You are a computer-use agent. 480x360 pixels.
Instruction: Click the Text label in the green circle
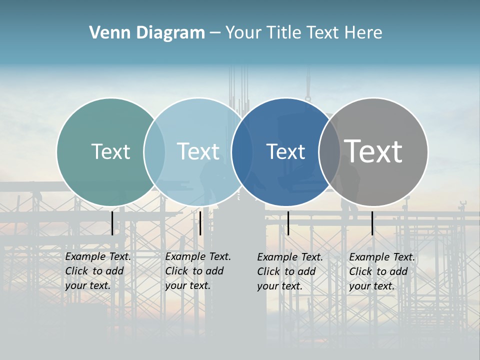[110, 151]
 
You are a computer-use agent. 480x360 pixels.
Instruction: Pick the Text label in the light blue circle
[198, 151]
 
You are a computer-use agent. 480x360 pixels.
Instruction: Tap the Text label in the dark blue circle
[285, 151]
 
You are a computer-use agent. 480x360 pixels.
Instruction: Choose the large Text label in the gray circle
[373, 151]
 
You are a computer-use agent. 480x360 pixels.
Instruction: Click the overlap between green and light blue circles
[154, 151]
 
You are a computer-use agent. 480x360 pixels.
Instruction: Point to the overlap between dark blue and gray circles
[329, 151]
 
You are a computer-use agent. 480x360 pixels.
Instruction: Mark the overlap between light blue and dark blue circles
[242, 151]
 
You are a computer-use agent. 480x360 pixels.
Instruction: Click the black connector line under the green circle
[112, 223]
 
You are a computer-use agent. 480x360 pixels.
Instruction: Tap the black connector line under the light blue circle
[200, 223]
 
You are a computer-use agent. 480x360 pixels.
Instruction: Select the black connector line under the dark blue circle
[288, 223]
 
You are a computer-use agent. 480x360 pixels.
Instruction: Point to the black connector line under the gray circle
[372, 223]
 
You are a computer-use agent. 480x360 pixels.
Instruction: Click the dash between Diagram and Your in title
[215, 33]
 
